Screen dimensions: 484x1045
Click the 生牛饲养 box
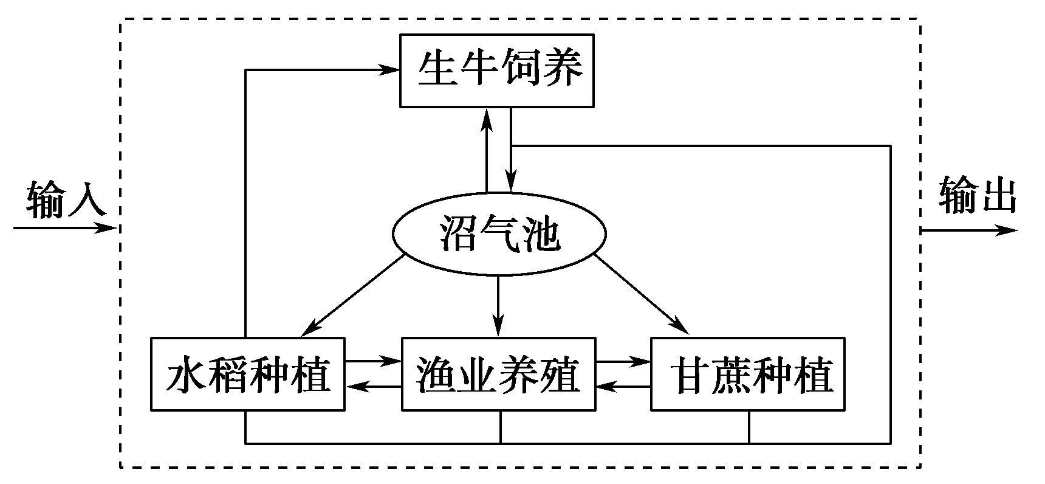tap(496, 71)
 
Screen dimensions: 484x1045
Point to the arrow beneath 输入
tap(64, 229)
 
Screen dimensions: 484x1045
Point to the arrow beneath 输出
tap(969, 230)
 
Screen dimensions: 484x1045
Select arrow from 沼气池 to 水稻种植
tap(352, 296)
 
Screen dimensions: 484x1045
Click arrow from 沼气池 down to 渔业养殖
tap(498, 304)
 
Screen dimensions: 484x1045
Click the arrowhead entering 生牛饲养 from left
tap(389, 70)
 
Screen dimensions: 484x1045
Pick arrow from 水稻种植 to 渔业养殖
tap(373, 361)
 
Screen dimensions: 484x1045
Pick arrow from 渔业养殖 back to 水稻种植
tap(373, 386)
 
